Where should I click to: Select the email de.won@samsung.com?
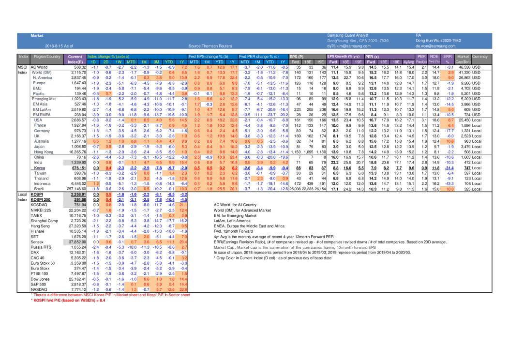tap(435, 46)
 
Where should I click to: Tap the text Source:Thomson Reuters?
tap(210, 46)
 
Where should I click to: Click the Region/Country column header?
tap(47, 57)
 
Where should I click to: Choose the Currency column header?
tap(479, 57)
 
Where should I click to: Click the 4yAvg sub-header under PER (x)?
tap(409, 62)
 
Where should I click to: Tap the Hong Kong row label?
tap(43, 152)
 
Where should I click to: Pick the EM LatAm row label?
tap(42, 109)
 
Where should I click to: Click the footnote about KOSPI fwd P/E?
tap(68, 300)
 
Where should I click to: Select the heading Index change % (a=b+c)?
tap(108, 57)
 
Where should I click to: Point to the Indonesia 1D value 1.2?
tap(95, 183)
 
